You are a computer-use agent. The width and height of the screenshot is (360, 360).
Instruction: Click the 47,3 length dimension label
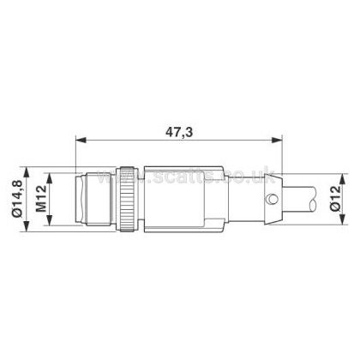point(179,132)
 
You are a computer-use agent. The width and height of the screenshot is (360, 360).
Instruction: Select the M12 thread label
point(41,199)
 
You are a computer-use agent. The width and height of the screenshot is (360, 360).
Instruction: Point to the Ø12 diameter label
point(335,198)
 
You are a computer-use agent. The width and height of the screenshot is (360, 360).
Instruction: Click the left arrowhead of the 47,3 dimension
point(81,140)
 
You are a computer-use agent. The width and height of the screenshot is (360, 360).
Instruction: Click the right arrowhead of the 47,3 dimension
point(277,140)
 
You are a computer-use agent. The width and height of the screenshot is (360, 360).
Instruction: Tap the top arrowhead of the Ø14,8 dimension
point(27,172)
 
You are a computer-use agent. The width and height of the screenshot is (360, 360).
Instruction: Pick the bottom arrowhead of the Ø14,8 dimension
point(27,226)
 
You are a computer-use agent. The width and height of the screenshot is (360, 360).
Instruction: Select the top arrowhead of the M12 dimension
point(50,177)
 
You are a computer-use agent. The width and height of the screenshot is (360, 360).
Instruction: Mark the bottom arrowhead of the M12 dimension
point(50,220)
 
